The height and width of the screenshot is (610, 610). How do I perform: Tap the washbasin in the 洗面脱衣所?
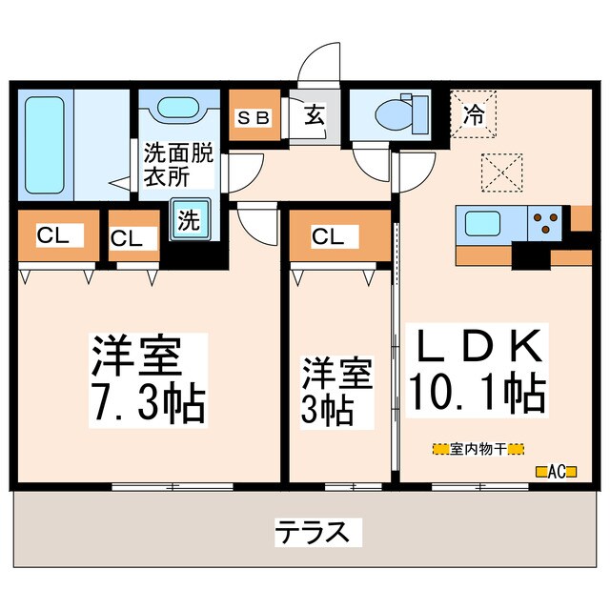[177, 112]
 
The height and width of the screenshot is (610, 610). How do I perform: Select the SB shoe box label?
[254, 119]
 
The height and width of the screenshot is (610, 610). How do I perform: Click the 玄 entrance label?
[314, 118]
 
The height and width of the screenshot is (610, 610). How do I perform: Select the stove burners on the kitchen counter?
[546, 223]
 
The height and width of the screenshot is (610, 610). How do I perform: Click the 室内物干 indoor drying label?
[478, 448]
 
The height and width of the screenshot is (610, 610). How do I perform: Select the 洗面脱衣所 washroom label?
[179, 164]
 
